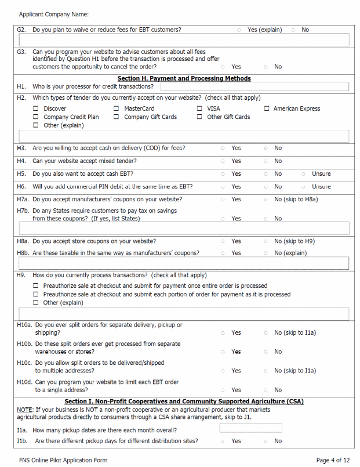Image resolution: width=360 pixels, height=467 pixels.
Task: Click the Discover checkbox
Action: click(36, 108)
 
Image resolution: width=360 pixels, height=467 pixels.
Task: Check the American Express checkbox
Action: click(267, 108)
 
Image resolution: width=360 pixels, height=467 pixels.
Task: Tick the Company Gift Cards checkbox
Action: click(117, 117)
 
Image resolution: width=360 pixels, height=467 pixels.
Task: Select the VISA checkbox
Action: click(199, 108)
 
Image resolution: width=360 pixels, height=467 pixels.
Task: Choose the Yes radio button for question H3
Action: click(223, 148)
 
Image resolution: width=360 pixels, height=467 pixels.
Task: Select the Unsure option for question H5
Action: click(304, 173)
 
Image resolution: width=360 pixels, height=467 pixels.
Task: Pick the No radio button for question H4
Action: click(266, 161)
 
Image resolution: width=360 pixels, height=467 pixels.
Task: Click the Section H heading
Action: click(184, 78)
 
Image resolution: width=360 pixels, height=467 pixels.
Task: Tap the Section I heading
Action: click(184, 401)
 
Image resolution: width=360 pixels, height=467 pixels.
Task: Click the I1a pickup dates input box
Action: click(250, 428)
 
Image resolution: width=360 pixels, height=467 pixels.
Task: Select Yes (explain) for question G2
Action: click(239, 30)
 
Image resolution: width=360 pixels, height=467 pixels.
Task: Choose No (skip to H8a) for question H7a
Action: click(266, 199)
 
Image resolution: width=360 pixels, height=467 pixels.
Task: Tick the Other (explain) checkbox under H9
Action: click(36, 302)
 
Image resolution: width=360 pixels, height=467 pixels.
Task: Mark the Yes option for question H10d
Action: click(223, 390)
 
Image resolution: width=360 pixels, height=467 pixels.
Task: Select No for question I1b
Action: click(266, 441)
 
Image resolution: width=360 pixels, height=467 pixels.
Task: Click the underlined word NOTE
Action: click(24, 410)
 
